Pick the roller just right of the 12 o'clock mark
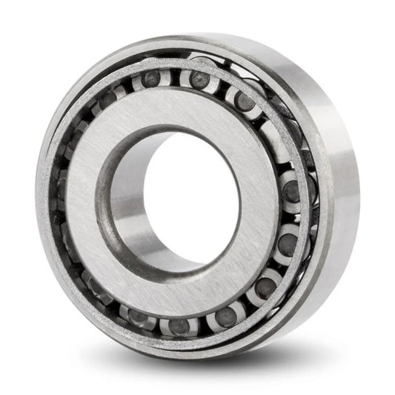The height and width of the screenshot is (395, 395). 199,78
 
